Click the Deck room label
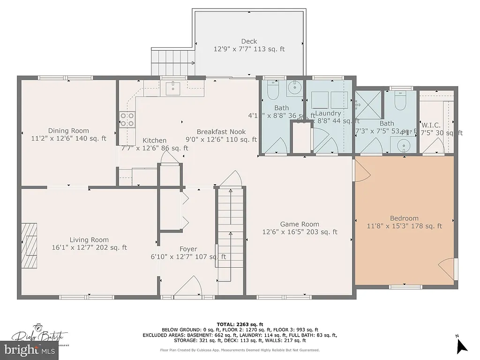[249, 41]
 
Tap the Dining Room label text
[68, 131]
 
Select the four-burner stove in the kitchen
[127, 120]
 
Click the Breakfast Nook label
[221, 132]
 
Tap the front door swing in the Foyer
[188, 287]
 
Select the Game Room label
[300, 224]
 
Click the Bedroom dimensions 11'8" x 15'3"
[404, 226]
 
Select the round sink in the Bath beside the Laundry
[295, 88]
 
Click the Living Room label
[89, 240]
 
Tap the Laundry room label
[327, 113]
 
